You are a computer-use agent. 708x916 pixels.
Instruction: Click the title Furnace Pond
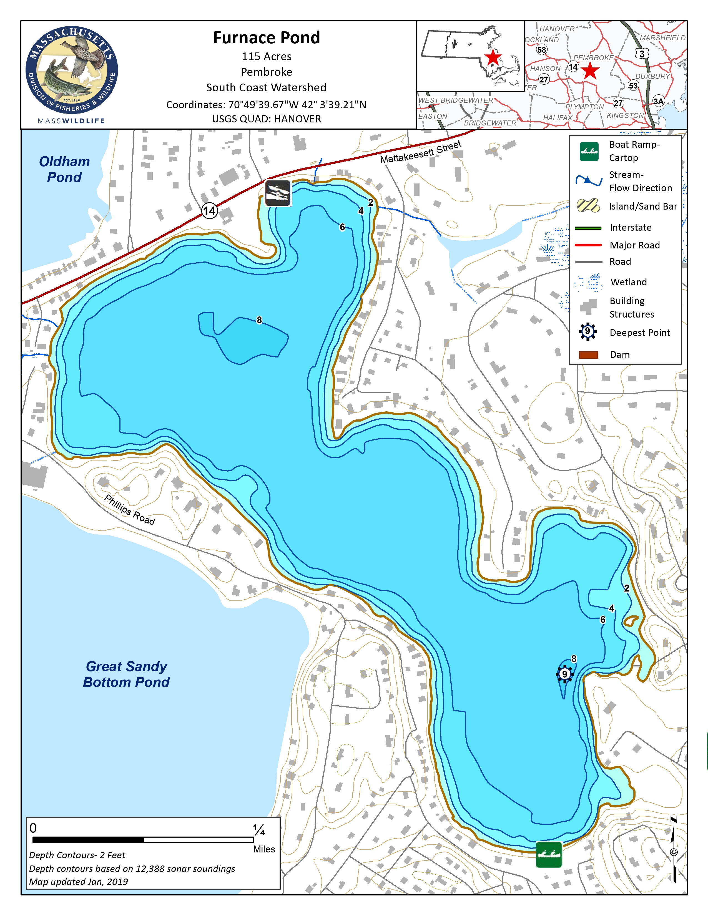coord(266,38)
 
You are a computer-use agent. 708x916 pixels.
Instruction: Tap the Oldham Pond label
coord(64,169)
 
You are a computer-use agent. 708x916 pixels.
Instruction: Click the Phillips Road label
coord(130,510)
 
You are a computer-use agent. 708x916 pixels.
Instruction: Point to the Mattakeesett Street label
coord(420,152)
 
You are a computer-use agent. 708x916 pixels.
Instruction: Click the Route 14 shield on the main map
coord(209,211)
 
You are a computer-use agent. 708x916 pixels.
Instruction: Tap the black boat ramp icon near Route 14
coord(278,193)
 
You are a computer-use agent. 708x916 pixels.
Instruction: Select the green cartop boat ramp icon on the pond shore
coord(549,854)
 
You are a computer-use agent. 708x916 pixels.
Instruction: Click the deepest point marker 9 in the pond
coord(564,674)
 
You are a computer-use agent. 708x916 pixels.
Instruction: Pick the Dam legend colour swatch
coord(588,355)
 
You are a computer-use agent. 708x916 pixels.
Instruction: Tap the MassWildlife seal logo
coord(72,71)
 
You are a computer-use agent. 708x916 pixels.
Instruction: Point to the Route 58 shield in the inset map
coord(541,49)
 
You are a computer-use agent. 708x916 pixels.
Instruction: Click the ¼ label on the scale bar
coord(259,830)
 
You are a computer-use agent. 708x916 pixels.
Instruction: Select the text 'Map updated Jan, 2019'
coord(78,882)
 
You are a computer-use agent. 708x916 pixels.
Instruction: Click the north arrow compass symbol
coord(674,851)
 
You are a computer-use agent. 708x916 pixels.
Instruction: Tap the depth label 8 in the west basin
coord(259,320)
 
